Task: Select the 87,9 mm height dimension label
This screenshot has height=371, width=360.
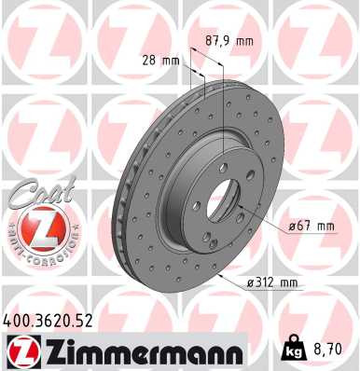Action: pos(228,40)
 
